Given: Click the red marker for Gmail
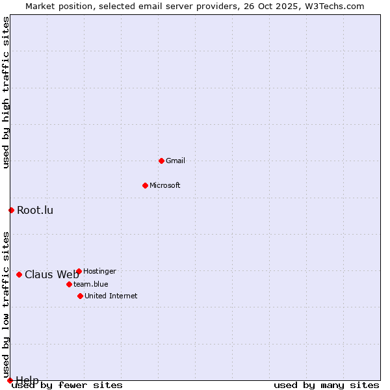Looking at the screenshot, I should [161, 161].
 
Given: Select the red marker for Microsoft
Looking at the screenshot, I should [145, 185].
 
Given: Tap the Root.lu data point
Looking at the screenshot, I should [11, 210].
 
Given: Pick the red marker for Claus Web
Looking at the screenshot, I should [19, 274].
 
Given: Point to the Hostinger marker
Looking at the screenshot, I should [79, 271].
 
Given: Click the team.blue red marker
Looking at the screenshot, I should [69, 284].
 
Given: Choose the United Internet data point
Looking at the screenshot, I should [80, 296].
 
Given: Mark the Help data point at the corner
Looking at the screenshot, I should [10, 380].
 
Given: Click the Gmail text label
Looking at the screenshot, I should [175, 161].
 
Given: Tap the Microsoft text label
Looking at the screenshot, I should [165, 185].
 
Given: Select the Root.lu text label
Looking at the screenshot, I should [35, 210].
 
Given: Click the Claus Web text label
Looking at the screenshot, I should [51, 274].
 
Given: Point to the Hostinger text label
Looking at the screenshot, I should [100, 271].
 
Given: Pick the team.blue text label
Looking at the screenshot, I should [91, 284].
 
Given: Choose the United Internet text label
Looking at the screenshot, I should [111, 296].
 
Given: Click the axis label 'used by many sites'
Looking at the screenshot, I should [326, 385].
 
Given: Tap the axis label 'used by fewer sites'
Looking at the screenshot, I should [68, 385].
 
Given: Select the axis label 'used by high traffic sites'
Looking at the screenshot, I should [6, 92].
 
